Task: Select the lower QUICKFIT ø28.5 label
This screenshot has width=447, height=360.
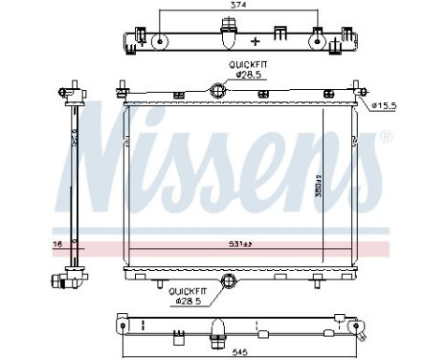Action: pyautogui.click(x=191, y=295)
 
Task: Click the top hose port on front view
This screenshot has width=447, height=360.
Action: pyautogui.click(x=218, y=92)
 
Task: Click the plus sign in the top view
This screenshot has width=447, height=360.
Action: pyautogui.click(x=256, y=42)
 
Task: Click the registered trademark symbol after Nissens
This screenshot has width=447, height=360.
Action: pyautogui.click(x=386, y=137)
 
